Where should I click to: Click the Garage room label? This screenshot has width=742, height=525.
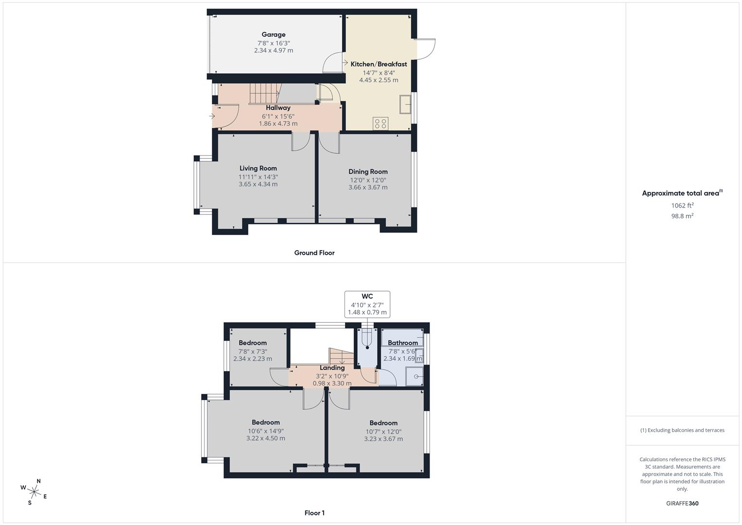tap(273, 35)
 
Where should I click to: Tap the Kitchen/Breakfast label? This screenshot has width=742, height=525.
tap(379, 64)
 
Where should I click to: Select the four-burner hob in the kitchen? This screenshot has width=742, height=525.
tap(380, 123)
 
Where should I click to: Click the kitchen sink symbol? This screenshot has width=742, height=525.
tap(405, 105)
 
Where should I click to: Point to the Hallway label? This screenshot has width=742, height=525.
tap(278, 108)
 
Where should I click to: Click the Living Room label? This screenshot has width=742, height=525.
tap(258, 168)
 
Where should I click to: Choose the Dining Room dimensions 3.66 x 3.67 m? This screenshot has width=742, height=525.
tap(368, 187)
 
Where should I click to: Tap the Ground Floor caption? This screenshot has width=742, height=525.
tap(314, 253)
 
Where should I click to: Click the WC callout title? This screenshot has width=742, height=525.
tap(367, 297)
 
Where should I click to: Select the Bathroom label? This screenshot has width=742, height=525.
tap(403, 343)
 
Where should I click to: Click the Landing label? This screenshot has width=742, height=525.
tap(332, 368)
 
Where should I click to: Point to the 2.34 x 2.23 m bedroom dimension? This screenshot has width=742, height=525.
tap(253, 359)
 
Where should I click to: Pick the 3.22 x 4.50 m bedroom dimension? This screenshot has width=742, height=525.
tap(266, 438)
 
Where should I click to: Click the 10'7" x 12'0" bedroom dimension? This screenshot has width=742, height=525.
tap(383, 432)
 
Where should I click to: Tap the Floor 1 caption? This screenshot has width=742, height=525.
tap(314, 513)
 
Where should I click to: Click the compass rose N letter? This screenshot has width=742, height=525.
tap(38, 481)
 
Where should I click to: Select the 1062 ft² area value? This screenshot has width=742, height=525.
tap(682, 206)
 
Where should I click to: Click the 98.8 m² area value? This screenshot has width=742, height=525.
tap(682, 216)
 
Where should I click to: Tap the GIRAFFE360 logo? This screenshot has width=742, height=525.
tap(682, 504)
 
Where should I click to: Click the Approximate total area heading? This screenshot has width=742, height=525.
tap(682, 193)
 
